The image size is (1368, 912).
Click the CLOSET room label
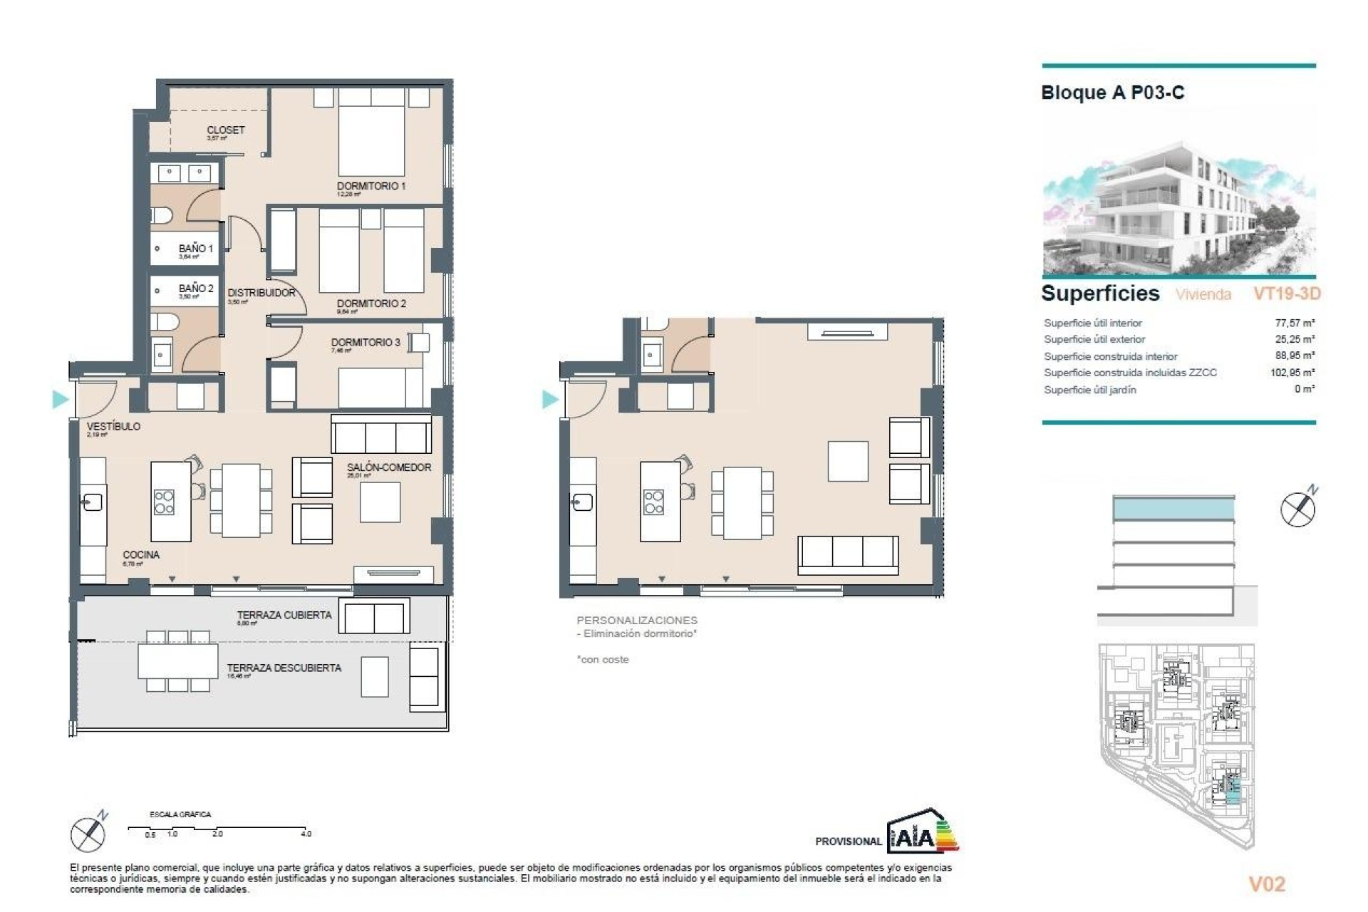click(225, 130)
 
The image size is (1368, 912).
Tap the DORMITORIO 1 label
click(371, 186)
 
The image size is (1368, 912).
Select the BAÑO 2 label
click(196, 289)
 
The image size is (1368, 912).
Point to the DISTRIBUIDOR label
click(261, 293)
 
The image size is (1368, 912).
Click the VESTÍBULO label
click(113, 426)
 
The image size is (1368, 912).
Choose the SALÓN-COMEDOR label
click(389, 467)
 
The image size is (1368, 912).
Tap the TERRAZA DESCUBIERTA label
click(284, 668)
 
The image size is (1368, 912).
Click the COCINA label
click(141, 554)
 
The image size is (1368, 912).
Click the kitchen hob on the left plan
click(164, 502)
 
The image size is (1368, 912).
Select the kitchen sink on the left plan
click(92, 502)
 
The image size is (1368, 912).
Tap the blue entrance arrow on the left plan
click(60, 400)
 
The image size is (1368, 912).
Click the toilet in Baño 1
click(161, 215)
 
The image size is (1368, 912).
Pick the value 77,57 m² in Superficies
click(1294, 323)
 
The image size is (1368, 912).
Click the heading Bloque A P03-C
click(1112, 93)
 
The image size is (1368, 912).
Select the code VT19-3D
click(1287, 294)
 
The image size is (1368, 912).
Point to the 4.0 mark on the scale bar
click(306, 833)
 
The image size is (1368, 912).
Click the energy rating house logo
click(923, 831)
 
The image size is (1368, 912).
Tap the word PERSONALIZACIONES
click(637, 621)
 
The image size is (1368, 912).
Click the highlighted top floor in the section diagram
click(1173, 509)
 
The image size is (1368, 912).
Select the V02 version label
click(1267, 884)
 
